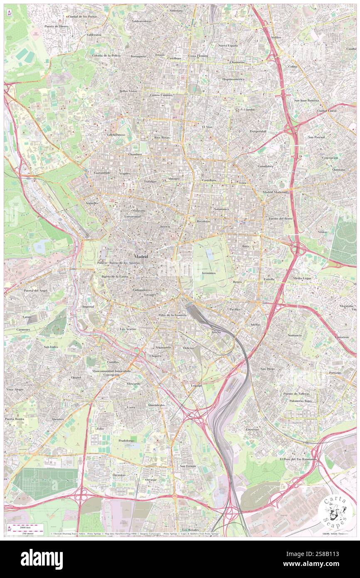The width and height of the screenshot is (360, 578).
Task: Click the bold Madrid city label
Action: (141, 257)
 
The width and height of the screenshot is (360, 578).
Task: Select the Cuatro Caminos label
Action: (161, 95)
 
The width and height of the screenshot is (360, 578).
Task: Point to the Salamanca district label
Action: (221, 209)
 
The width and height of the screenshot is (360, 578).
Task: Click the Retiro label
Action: (237, 282)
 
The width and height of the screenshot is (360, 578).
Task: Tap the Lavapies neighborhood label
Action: (150, 294)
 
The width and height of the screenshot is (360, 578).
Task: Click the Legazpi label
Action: (196, 386)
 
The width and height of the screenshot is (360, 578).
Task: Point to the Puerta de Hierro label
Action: (56, 26)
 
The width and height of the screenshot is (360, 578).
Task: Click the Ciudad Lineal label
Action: (327, 111)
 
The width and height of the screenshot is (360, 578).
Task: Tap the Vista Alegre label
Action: (15, 389)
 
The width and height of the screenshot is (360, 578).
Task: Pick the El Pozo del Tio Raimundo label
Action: (298, 459)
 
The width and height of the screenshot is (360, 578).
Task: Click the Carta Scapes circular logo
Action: (337, 511)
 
